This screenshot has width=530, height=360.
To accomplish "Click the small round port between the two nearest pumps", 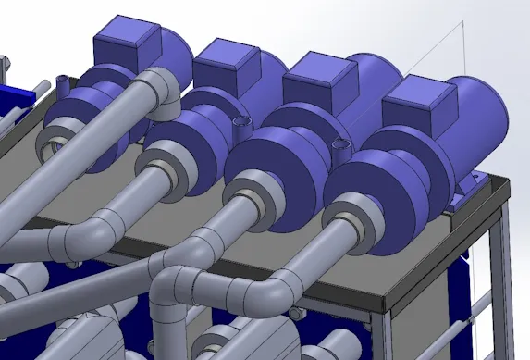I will [x=338, y=143].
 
